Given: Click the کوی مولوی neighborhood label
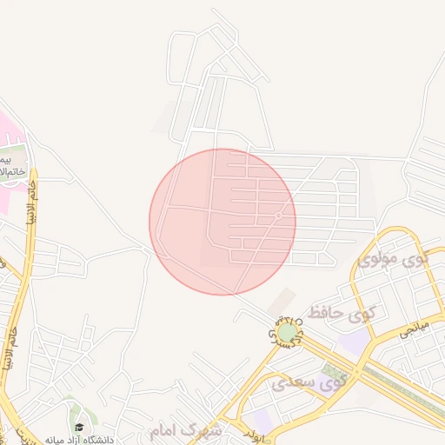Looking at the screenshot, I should pos(394,259).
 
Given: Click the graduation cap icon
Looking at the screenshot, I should pos(80,428).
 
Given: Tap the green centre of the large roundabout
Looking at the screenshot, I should pos(287,333).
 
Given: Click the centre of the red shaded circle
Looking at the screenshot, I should pos(222,222).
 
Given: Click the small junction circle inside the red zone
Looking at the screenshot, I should pos(277,216).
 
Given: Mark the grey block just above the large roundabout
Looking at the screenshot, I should pos(280,302).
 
